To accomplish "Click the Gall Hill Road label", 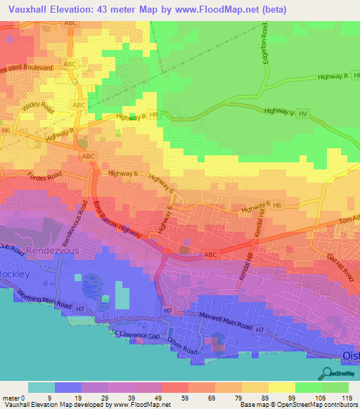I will coord(339,268).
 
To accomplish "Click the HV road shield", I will coord(304,113).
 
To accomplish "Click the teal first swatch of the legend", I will coord(41,387).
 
